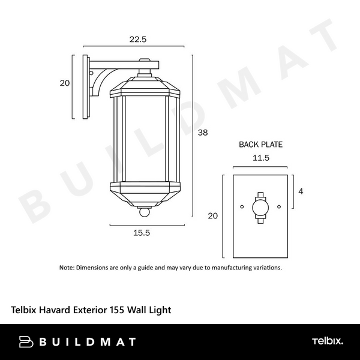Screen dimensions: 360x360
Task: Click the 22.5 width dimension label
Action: (138, 39)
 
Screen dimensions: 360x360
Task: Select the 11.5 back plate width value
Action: (260, 158)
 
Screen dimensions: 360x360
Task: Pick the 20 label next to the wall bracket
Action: (65, 83)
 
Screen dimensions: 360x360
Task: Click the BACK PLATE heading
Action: (260, 145)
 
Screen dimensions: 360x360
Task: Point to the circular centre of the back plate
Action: (260, 208)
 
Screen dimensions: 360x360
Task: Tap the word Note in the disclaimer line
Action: (66, 268)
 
